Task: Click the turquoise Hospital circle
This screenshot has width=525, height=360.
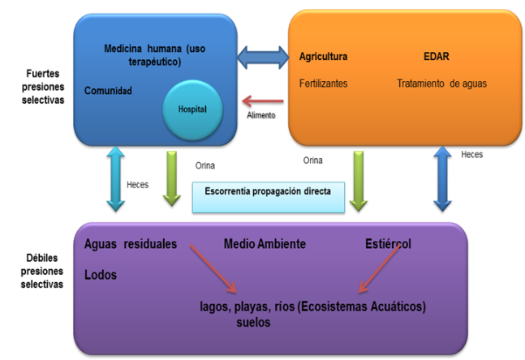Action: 192,109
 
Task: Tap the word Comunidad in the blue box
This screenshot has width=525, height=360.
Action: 108,91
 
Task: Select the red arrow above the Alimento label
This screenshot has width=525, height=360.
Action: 263,101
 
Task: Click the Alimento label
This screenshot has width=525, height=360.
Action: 261,115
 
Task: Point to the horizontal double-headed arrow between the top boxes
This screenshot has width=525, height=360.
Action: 263,58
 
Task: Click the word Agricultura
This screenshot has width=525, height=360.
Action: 323,56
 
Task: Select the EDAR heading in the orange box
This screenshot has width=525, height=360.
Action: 437,56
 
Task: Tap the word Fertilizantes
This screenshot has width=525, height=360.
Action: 323,84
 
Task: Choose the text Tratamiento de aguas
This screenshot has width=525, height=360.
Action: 441,84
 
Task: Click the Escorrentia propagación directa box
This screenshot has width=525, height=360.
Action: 269,197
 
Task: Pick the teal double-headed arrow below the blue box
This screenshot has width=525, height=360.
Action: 115,179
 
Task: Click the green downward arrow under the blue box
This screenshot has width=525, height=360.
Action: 172,178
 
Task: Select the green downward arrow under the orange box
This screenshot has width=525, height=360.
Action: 359,181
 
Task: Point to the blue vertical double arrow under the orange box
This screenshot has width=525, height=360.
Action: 442,179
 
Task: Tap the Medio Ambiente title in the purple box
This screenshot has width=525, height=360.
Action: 265,244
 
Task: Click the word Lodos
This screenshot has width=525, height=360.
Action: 101,275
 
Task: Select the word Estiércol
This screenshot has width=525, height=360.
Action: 388,244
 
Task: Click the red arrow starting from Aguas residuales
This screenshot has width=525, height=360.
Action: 213,268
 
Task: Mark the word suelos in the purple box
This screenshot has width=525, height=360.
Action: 253,322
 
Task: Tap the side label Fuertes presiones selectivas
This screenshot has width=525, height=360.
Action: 43,87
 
